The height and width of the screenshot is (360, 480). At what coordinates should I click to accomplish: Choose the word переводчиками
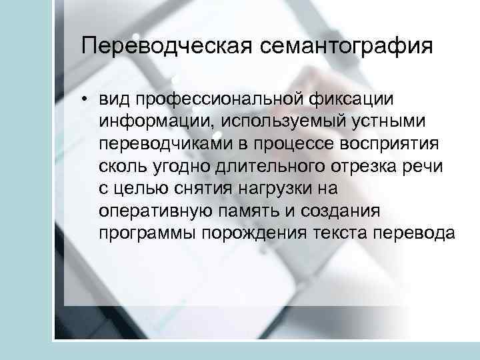point(165,143)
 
